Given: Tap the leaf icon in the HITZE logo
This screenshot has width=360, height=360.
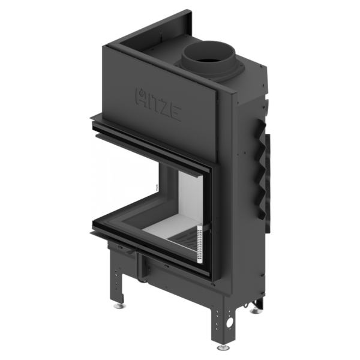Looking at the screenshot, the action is pos(142,92).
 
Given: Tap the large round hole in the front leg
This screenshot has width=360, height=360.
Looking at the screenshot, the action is pos(230,322).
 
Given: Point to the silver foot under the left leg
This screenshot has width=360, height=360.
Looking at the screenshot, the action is pos(119,305).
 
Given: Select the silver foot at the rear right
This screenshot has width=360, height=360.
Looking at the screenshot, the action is pos(256,311).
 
